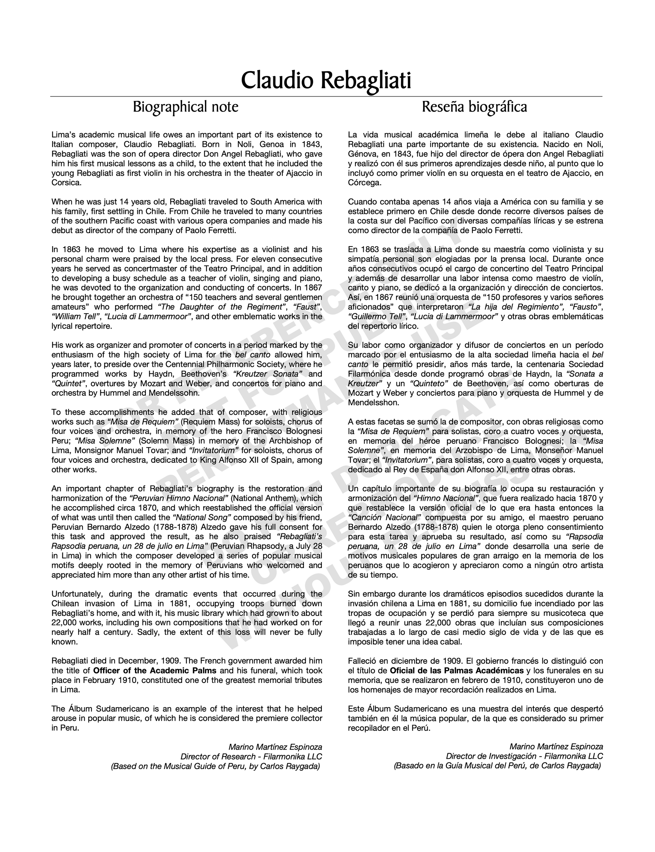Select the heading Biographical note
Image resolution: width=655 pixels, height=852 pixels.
(x=185, y=106)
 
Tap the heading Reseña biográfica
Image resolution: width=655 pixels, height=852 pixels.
(x=474, y=106)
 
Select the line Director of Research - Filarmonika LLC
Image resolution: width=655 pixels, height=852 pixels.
(x=251, y=756)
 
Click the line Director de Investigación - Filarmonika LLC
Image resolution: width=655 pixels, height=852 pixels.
(x=524, y=756)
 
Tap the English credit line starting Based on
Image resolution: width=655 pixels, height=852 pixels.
(x=216, y=766)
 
